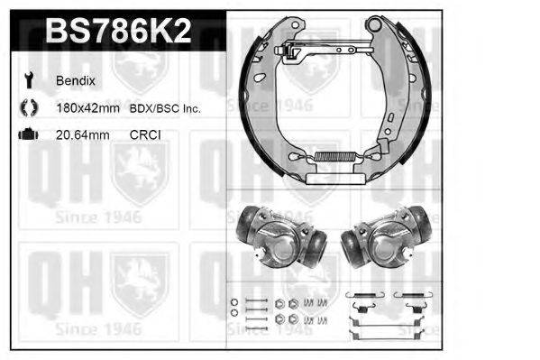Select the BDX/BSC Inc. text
171,108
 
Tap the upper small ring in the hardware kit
234,301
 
